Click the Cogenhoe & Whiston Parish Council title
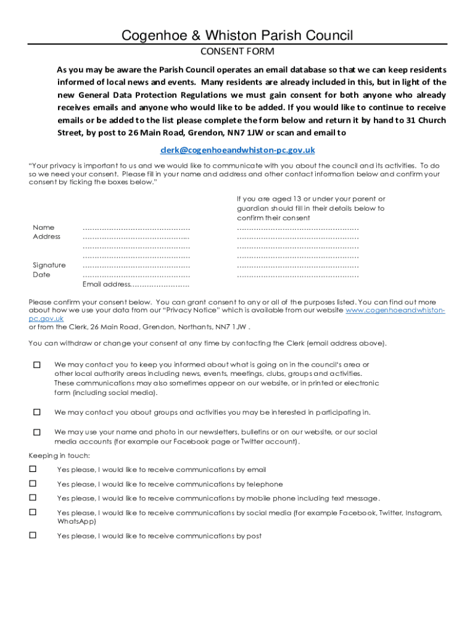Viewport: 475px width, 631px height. (x=238, y=36)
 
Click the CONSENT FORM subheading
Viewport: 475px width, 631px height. (x=238, y=51)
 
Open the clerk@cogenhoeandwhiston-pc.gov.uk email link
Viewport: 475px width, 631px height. (x=238, y=150)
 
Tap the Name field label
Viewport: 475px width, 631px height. (x=43, y=227)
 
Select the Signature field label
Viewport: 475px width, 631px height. (x=49, y=265)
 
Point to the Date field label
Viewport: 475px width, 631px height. (x=41, y=275)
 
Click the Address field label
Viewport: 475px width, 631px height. (x=46, y=237)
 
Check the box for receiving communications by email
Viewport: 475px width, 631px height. (x=33, y=469)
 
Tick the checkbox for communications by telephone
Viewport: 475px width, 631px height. (x=33, y=483)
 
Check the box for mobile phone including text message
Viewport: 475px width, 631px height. (x=33, y=497)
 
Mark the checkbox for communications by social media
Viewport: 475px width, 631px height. (x=33, y=512)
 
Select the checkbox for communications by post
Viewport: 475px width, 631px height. (x=33, y=535)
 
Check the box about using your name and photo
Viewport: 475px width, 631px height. (x=36, y=432)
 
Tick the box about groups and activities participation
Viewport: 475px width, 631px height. (x=36, y=412)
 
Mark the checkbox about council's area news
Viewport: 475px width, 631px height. (x=36, y=365)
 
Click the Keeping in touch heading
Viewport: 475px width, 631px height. (x=59, y=455)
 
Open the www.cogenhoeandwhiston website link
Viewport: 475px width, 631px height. (x=395, y=311)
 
